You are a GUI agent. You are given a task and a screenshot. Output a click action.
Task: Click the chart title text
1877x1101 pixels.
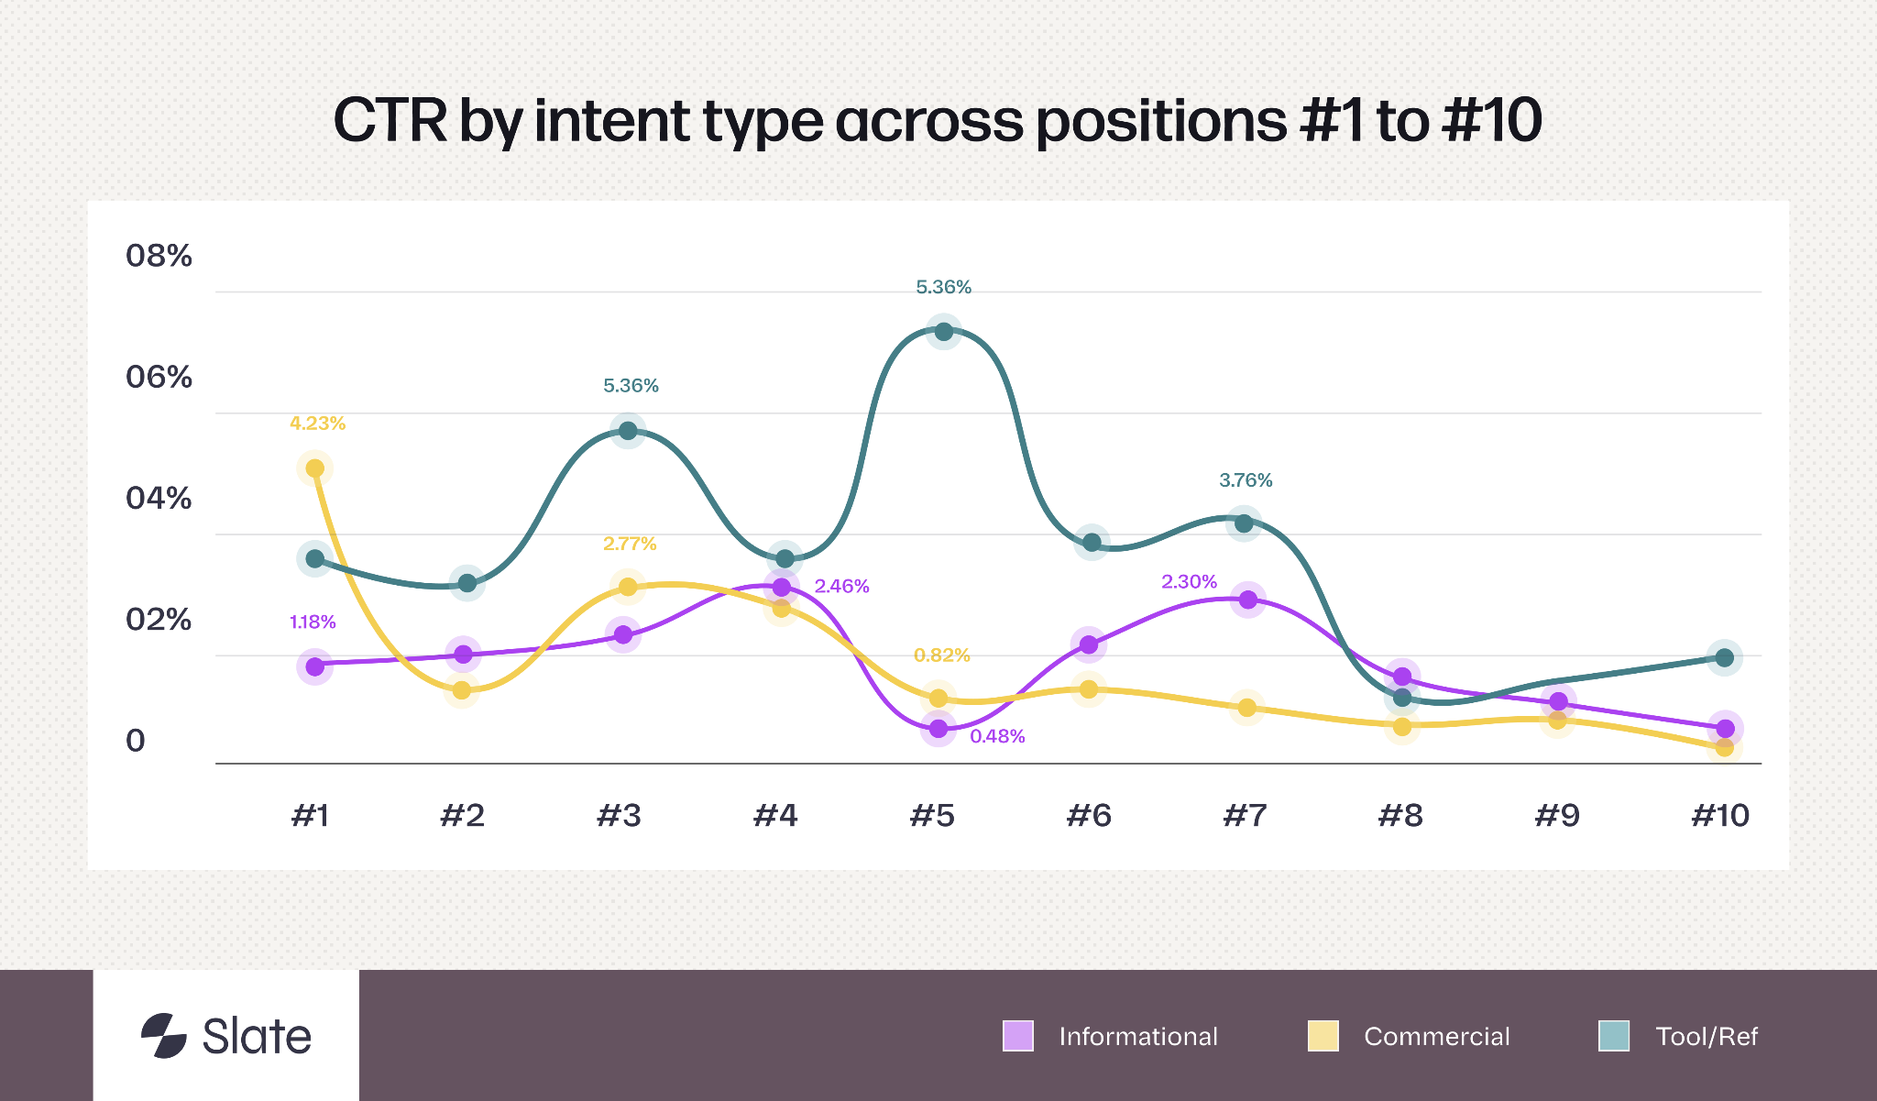tap(938, 120)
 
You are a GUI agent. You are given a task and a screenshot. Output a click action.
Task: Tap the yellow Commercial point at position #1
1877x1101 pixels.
tap(314, 468)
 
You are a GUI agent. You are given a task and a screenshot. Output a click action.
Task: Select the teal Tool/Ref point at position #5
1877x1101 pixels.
tap(943, 332)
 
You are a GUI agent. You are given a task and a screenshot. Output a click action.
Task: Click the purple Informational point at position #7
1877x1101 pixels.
tap(1247, 600)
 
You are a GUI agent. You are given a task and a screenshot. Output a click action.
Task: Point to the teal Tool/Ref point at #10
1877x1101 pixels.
tap(1724, 657)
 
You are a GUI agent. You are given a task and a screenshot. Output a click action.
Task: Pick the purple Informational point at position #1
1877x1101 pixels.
tap(314, 666)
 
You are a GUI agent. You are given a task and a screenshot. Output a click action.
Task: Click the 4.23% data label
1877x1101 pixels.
tap(317, 424)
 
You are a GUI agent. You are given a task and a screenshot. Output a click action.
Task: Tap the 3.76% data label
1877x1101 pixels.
tap(1246, 480)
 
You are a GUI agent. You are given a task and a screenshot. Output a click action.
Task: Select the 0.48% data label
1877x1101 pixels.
tap(997, 736)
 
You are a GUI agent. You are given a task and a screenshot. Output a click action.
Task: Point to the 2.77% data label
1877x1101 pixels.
tap(630, 544)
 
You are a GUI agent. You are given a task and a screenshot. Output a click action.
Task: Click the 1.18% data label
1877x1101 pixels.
tap(313, 622)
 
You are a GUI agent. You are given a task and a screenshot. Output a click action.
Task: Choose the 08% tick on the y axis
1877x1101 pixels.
tap(159, 256)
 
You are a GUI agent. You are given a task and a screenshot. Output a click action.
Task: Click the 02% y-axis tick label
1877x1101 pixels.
tap(159, 620)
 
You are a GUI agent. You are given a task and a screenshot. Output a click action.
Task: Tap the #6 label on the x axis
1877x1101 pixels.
tap(1089, 815)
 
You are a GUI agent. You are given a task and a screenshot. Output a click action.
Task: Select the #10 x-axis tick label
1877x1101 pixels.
tap(1720, 815)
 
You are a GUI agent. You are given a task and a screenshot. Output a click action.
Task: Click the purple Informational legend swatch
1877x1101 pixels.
tap(1018, 1036)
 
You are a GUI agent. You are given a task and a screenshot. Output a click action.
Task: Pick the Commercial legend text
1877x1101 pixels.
tap(1436, 1037)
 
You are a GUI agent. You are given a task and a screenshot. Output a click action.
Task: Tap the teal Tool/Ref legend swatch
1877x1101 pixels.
tap(1614, 1036)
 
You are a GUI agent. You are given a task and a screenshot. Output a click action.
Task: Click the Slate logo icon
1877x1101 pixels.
tap(164, 1036)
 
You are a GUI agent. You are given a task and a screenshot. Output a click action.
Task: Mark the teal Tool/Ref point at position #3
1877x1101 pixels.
tap(628, 431)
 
